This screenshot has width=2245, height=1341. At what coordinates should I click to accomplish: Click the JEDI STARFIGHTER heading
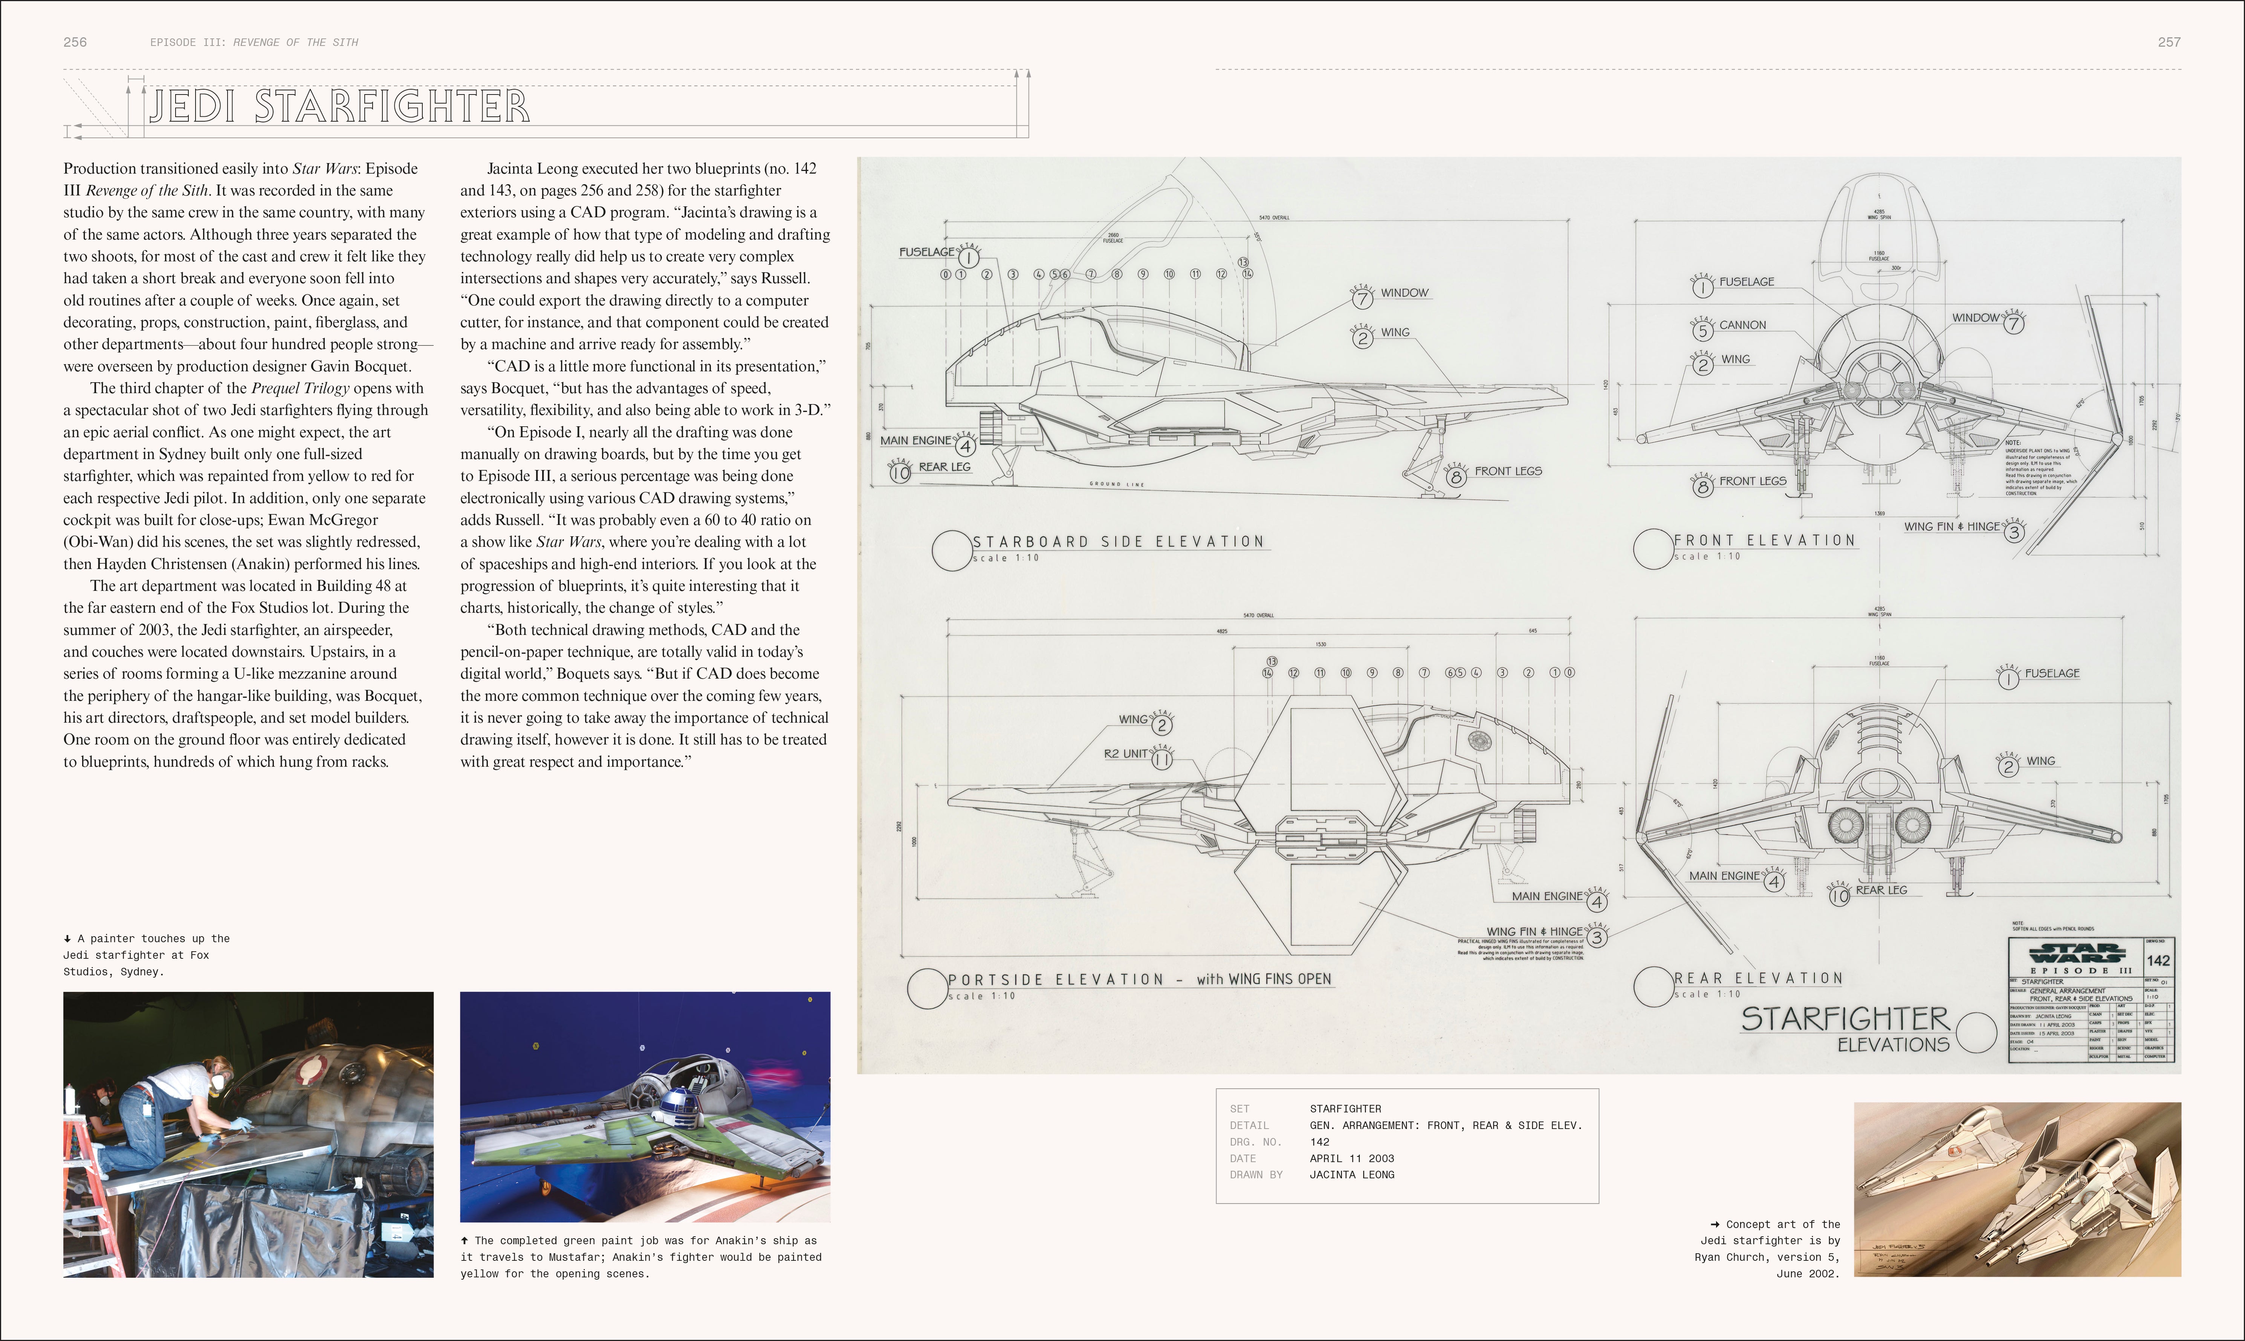[339, 107]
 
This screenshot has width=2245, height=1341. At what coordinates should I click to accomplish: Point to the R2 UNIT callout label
[1125, 754]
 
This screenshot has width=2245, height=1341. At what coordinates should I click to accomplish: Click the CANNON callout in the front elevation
[1742, 325]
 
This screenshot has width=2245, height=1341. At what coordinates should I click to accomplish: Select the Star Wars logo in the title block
[2075, 953]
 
